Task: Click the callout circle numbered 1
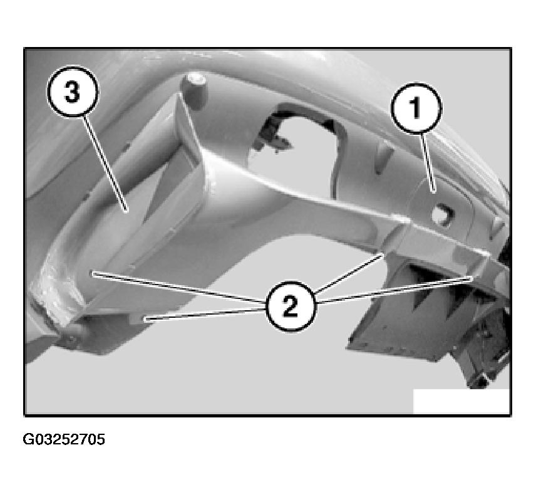point(416,108)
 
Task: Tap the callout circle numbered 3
point(73,92)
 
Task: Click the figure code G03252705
point(64,439)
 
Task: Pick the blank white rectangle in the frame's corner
point(461,401)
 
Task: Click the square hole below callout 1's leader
point(442,215)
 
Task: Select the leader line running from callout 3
point(105,164)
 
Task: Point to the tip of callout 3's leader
point(127,211)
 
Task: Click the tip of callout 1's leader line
point(434,192)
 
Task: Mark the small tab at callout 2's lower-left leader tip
point(138,319)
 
